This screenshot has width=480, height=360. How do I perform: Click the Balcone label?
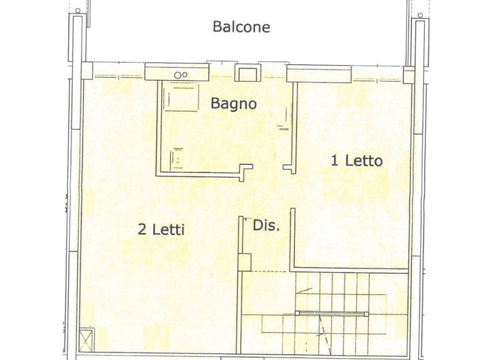[241, 27]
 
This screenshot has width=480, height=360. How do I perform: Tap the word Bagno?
[233, 103]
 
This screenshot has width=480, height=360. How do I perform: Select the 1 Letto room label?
[357, 161]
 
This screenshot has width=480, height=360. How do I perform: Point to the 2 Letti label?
[161, 230]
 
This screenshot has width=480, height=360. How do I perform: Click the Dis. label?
[266, 225]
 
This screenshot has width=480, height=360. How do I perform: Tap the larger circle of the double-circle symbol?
[178, 75]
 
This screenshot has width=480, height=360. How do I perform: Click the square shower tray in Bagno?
[181, 97]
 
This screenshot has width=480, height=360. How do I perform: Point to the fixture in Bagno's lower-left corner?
[177, 157]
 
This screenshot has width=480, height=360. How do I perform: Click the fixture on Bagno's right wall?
[283, 127]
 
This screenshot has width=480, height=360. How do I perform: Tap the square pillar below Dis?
[244, 262]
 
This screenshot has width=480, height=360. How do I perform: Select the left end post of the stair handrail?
[297, 313]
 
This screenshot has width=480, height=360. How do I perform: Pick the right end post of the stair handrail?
[367, 314]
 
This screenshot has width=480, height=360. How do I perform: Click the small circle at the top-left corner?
[77, 10]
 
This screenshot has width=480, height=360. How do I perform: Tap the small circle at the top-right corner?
[420, 15]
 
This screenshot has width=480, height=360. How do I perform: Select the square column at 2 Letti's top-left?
[87, 70]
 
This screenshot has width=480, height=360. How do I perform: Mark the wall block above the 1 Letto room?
[319, 74]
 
